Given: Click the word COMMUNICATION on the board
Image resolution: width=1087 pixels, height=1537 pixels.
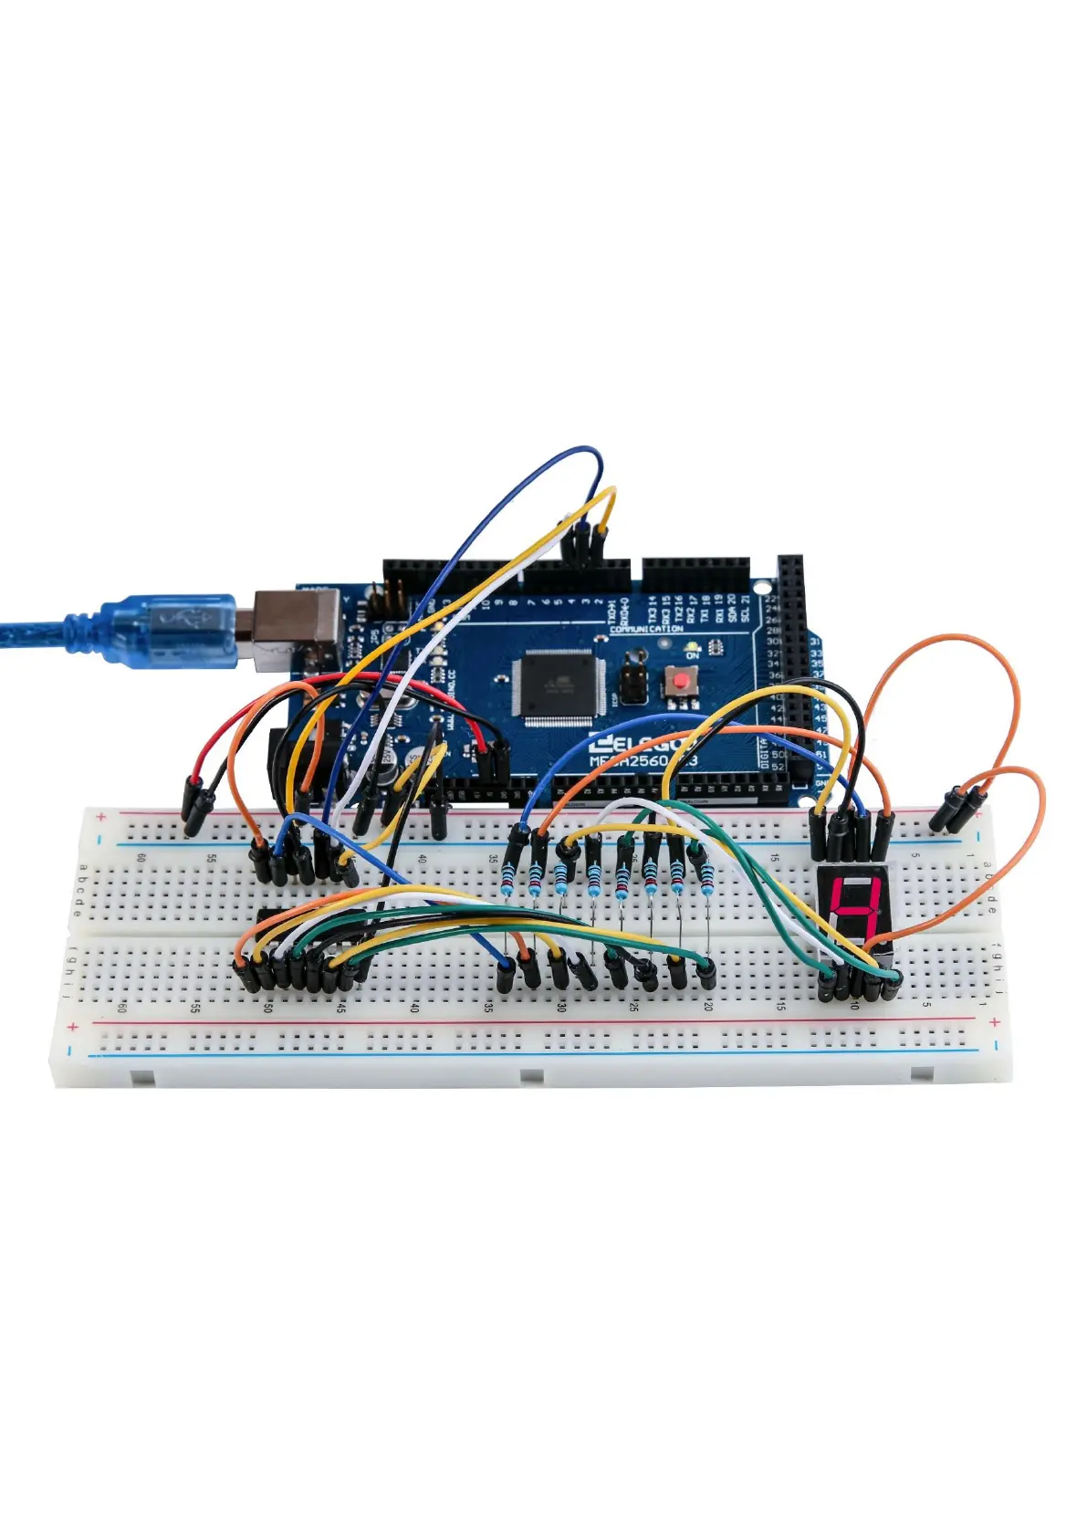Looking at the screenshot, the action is pyautogui.click(x=646, y=629).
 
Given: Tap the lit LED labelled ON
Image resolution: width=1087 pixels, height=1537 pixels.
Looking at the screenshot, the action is pyautogui.click(x=692, y=646).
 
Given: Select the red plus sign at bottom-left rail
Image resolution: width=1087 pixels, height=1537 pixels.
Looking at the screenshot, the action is pyautogui.click(x=73, y=1028).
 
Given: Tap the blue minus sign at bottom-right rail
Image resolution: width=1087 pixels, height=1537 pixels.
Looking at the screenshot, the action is pyautogui.click(x=996, y=1045).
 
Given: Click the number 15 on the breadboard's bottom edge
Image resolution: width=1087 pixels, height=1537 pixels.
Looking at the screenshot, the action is pyautogui.click(x=780, y=1006).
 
